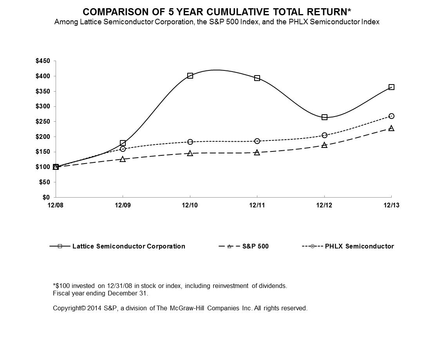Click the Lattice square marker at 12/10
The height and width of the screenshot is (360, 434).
[x=190, y=76]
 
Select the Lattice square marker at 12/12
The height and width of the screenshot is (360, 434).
[x=324, y=117]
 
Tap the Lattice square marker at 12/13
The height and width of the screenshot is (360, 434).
[x=391, y=87]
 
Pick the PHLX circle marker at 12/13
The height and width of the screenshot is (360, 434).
[x=391, y=116]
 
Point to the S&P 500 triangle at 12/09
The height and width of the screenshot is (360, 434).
[x=123, y=159]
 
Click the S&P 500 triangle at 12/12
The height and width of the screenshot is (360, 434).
[x=324, y=145]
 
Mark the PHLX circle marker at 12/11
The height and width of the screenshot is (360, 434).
[x=257, y=141]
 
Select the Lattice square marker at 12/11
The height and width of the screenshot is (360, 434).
[x=257, y=78]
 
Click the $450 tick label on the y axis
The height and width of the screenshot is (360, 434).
[x=43, y=61]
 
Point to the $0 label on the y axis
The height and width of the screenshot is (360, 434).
[x=46, y=198]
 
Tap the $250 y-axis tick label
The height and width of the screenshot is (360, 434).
[x=43, y=122]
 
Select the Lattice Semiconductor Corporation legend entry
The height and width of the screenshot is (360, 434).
[x=128, y=247]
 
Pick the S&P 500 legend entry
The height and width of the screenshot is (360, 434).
[x=255, y=247]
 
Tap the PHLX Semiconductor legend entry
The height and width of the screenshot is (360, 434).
[x=359, y=247]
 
